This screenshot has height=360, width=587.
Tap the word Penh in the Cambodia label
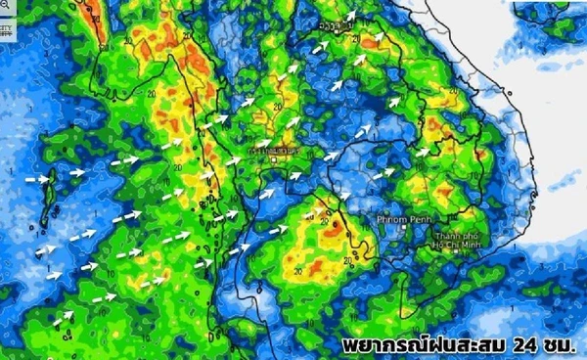[418, 218]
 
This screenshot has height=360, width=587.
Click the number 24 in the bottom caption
[524, 345]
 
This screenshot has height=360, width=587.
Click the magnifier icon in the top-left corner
[6, 8]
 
